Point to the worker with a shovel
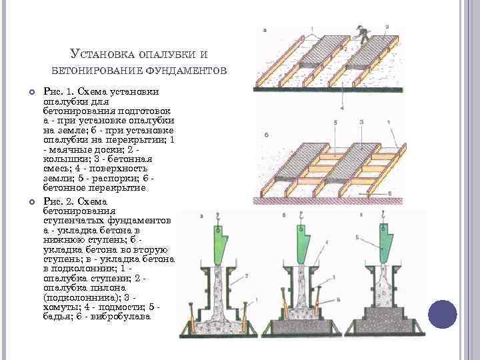click(363, 33)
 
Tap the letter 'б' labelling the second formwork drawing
click(266, 134)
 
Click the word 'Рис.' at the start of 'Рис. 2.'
click(51, 201)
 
